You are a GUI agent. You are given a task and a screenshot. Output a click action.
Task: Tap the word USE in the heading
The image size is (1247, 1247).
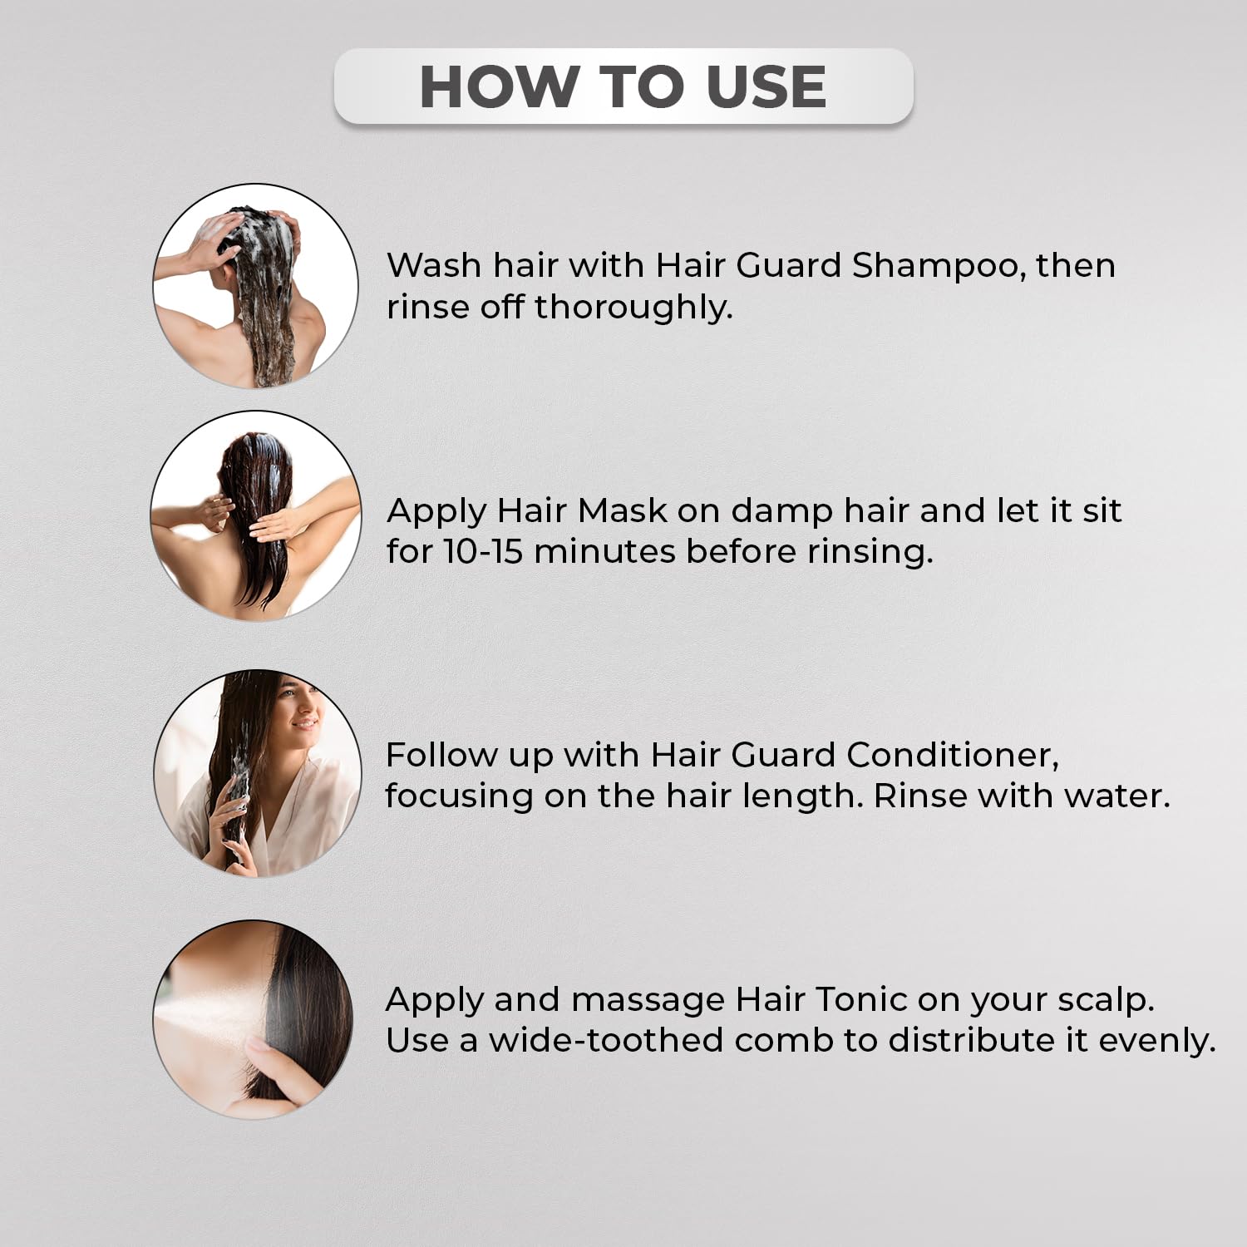pos(766,86)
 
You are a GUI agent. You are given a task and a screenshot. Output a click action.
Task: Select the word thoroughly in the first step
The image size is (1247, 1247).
pos(633,308)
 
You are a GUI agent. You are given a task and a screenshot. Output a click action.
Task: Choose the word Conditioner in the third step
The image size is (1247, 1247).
pos(953,756)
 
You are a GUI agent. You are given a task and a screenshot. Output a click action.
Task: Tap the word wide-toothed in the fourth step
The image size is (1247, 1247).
pos(606,1041)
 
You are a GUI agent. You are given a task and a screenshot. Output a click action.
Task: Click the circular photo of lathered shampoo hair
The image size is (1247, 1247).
pos(256,286)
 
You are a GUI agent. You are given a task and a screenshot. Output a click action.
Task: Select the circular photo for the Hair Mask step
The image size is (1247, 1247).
pos(256,515)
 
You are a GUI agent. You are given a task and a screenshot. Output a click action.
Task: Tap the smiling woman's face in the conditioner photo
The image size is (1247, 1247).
pos(299,713)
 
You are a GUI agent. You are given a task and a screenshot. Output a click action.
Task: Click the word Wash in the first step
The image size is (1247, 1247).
pos(434,266)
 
